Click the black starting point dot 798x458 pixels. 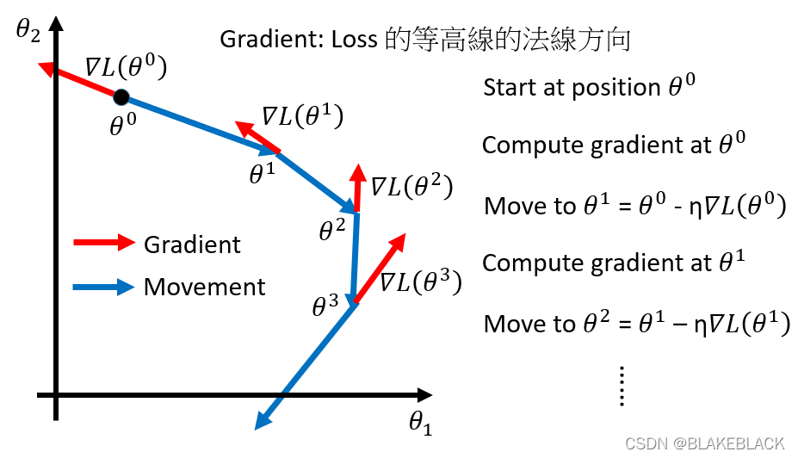(x=121, y=96)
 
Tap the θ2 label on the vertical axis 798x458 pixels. (x=28, y=32)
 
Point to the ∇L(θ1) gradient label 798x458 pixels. (x=302, y=117)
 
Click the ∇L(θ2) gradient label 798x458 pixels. (x=411, y=186)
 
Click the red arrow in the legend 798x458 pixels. (x=104, y=243)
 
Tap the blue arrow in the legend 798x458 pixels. (x=104, y=286)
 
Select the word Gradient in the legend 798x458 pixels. (x=192, y=244)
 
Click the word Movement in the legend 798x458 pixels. (x=205, y=287)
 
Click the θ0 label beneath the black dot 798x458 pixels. (x=123, y=126)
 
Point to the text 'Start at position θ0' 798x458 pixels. (x=589, y=87)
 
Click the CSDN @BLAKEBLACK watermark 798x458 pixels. (x=704, y=443)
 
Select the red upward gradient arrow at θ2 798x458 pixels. (x=356, y=187)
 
